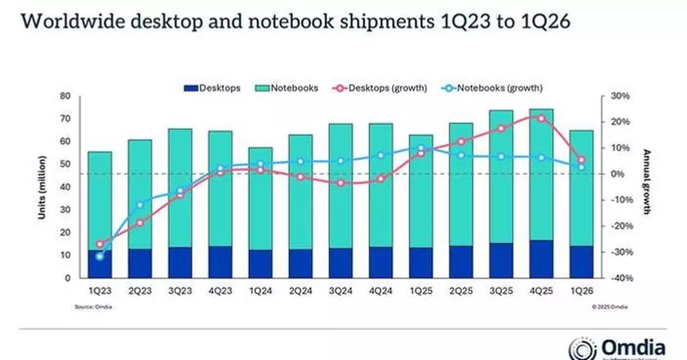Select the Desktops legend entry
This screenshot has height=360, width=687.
pyautogui.click(x=212, y=88)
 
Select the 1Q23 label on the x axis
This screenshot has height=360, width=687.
pyautogui.click(x=100, y=290)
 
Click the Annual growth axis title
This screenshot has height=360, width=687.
pyautogui.click(x=647, y=182)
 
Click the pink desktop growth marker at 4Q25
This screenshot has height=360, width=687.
pyautogui.click(x=541, y=118)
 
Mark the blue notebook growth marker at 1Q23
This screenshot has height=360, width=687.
pyautogui.click(x=100, y=257)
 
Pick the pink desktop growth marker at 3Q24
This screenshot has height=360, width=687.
pyautogui.click(x=341, y=183)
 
